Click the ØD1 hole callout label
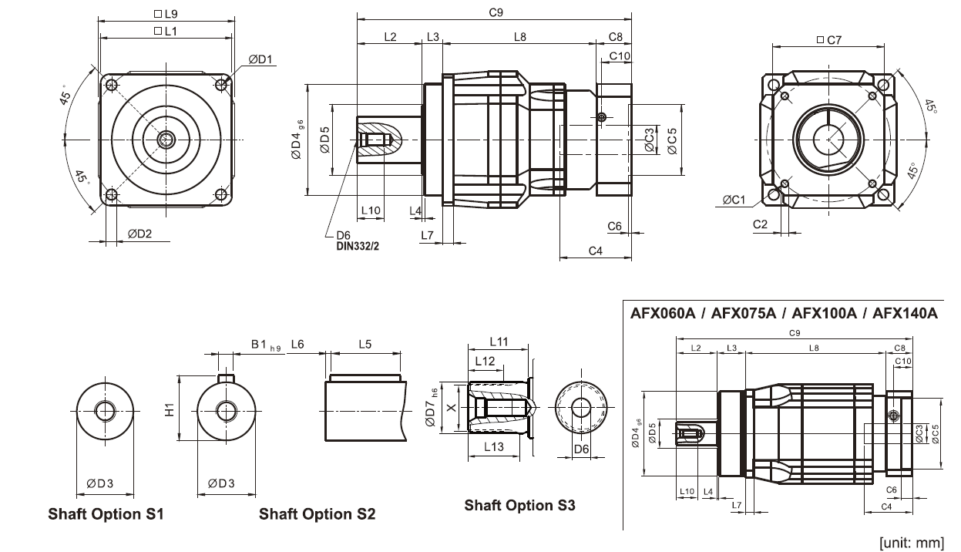click(261, 60)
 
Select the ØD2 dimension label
click(139, 234)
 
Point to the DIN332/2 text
click(358, 247)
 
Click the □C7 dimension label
click(829, 39)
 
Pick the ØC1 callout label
click(734, 200)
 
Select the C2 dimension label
click(760, 224)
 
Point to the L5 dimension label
click(364, 345)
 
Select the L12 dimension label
click(485, 360)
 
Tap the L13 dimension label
click(493, 446)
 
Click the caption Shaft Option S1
click(106, 513)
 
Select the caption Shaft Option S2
click(317, 513)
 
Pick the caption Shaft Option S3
click(519, 506)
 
